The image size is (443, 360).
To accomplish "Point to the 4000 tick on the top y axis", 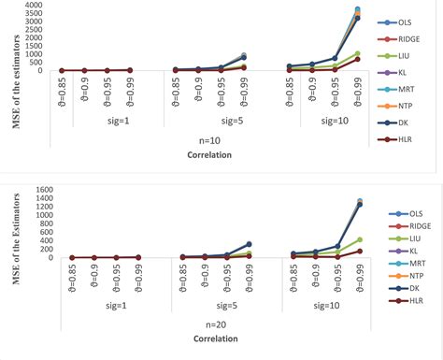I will click(35, 6).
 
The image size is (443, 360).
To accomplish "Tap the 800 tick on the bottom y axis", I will click(35, 223).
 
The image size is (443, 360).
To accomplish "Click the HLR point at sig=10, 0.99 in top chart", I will click(357, 59).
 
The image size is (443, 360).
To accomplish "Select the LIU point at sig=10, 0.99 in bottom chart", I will click(359, 239).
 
